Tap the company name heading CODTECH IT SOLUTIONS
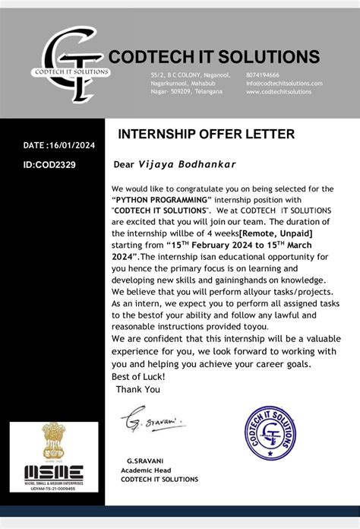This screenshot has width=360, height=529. coord(214,56)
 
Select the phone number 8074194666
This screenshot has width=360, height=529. coord(262,75)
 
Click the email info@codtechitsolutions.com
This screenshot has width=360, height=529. coord(284,84)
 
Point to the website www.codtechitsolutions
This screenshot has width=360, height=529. coord(279,92)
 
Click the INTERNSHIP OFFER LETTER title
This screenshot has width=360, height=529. coord(206,135)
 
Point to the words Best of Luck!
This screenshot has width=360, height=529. coord(138,377)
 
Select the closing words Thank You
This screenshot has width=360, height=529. coord(138,389)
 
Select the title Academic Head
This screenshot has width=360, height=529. coord(147,470)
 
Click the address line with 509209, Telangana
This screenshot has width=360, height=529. coord(186,92)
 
